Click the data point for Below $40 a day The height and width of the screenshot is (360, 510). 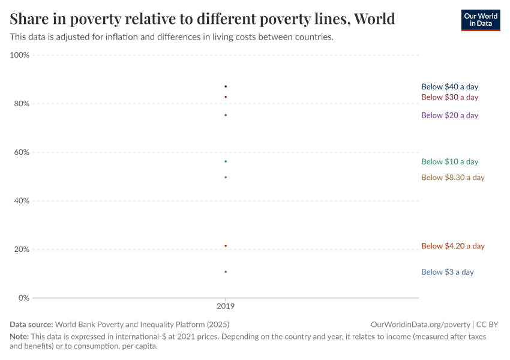click(x=226, y=86)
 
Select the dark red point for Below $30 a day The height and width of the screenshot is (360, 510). click(x=226, y=97)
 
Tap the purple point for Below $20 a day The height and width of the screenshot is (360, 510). click(x=226, y=115)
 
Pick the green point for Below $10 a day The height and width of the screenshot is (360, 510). click(x=226, y=161)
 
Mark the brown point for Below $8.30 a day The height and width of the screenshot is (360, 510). click(x=226, y=177)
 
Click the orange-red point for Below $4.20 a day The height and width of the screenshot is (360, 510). click(x=226, y=245)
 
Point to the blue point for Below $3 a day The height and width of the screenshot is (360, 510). click(x=226, y=272)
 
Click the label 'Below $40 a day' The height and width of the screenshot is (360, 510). click(x=449, y=86)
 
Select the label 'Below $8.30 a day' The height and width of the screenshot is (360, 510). click(x=452, y=177)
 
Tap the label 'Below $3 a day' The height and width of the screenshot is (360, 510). click(x=447, y=272)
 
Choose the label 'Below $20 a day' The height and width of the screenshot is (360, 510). click(x=449, y=115)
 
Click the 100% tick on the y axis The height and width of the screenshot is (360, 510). click(x=20, y=55)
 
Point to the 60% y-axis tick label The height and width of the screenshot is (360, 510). click(x=21, y=152)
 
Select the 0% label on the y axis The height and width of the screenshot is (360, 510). click(x=23, y=298)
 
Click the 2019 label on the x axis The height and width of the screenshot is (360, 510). click(x=226, y=306)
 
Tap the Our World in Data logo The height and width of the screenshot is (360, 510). click(x=480, y=20)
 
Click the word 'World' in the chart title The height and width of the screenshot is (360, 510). click(x=374, y=19)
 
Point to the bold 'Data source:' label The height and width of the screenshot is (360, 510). click(x=31, y=325)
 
